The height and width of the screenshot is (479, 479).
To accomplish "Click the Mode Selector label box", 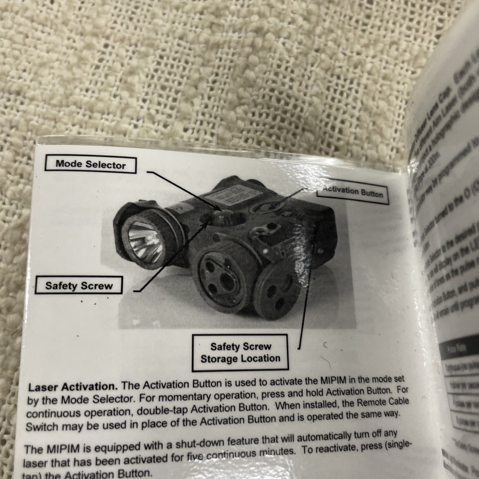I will [x=90, y=165].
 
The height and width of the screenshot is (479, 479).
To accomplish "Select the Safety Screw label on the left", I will [x=79, y=286].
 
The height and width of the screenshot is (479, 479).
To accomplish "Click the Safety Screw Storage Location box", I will [x=240, y=353].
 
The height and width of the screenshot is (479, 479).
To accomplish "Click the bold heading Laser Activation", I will [x=72, y=387].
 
